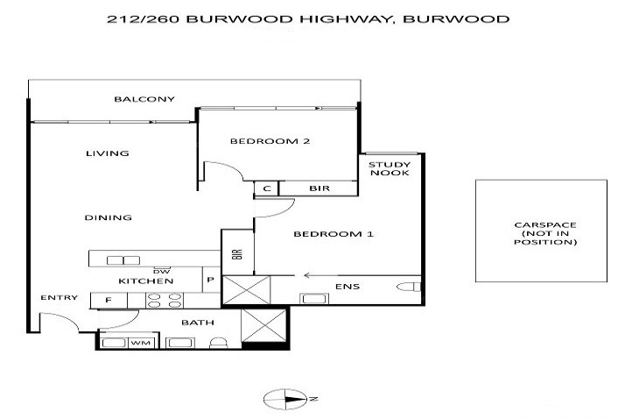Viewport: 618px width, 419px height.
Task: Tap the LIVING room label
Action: pos(108,153)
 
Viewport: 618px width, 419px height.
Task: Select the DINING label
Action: pos(109,217)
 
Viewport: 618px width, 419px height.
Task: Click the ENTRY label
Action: pos(53,298)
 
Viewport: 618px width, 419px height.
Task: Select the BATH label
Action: pos(198,323)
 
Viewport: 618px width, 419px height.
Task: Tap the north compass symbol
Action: pos(287,399)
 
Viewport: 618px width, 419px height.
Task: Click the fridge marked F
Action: pos(109,301)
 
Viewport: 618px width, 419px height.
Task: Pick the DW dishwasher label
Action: pos(161,271)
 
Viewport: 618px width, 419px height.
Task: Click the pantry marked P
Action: pos(211,281)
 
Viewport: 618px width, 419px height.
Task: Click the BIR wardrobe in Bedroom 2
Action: pos(318,188)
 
